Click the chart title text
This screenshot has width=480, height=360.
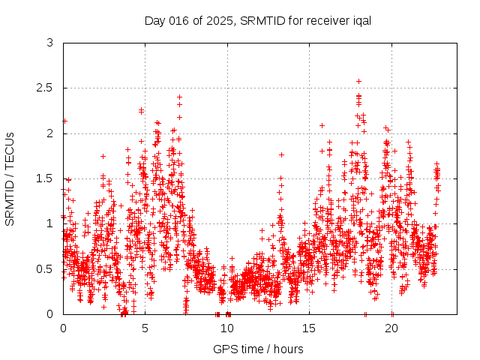(258, 20)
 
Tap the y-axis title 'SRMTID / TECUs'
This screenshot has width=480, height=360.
(10, 179)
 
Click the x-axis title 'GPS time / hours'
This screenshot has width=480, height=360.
(258, 349)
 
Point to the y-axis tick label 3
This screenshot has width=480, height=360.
(50, 43)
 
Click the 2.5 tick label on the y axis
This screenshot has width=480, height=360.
(46, 88)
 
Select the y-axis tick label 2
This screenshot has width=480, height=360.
(50, 133)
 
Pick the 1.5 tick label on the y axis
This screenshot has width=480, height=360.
(46, 178)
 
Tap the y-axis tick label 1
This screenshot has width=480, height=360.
(50, 223)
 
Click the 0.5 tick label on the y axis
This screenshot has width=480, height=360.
(46, 268)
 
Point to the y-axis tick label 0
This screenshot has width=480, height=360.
(50, 313)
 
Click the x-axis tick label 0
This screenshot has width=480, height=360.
(63, 328)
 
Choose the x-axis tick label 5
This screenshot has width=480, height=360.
(145, 328)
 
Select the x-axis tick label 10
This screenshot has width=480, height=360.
(227, 328)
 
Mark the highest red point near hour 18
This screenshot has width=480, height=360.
(358, 81)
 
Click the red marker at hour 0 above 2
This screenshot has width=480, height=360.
(64, 121)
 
